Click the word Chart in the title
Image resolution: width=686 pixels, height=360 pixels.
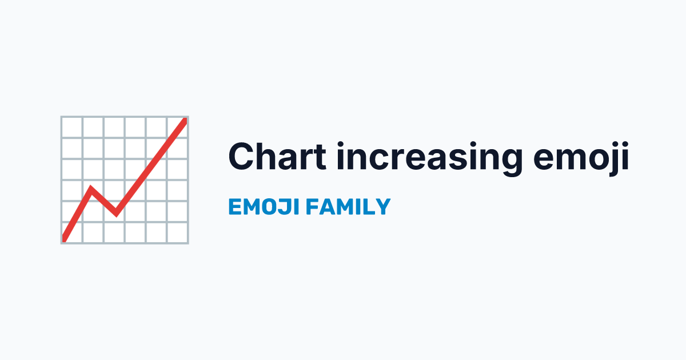click(277, 156)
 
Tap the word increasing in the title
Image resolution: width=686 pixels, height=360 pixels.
click(430, 159)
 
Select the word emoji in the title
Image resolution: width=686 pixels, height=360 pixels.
click(581, 159)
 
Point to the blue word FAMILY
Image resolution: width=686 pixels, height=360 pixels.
click(348, 207)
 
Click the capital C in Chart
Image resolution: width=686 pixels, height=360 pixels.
click(242, 156)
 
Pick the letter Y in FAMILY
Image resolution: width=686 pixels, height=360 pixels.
click(382, 207)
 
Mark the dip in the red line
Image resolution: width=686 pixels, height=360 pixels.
click(116, 215)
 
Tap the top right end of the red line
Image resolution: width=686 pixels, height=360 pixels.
click(185, 119)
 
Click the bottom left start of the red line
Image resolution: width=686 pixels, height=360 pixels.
click(64, 239)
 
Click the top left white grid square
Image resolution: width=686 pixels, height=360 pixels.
click(72, 127)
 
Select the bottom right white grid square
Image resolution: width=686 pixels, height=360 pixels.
click(178, 233)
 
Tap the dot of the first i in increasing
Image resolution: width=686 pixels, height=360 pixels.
click(341, 145)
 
